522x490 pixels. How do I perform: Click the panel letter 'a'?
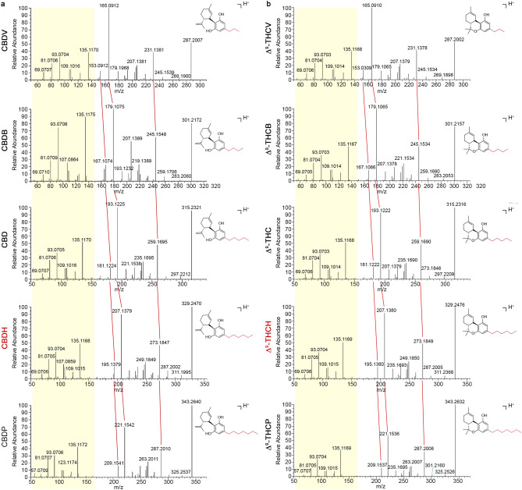(4, 5)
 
